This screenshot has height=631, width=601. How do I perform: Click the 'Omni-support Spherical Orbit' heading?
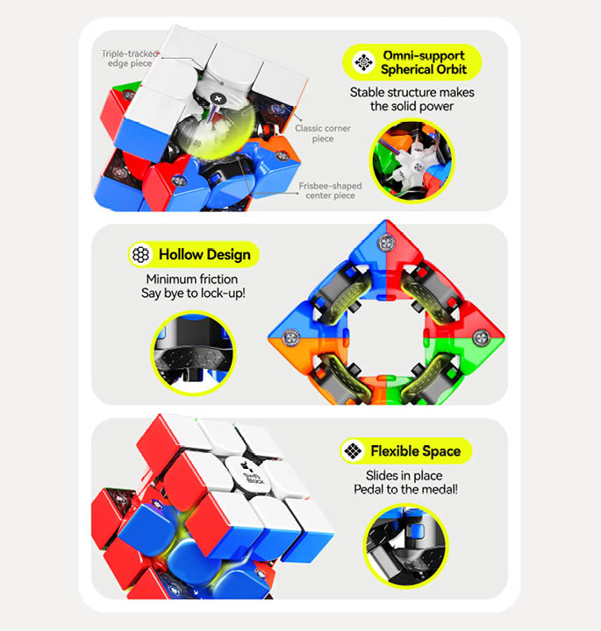pyautogui.click(x=424, y=62)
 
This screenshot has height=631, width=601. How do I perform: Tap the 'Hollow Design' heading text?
pyautogui.click(x=204, y=255)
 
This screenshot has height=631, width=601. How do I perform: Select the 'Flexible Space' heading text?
pyautogui.click(x=415, y=451)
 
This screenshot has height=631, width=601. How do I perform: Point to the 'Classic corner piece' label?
pyautogui.click(x=322, y=133)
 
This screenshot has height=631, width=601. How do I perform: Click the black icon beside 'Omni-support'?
pyautogui.click(x=363, y=62)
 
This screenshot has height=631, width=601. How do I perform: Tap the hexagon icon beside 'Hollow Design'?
pyautogui.click(x=140, y=255)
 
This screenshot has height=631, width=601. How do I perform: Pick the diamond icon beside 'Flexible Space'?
pyautogui.click(x=353, y=451)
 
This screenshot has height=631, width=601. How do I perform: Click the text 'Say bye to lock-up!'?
pyautogui.click(x=194, y=293)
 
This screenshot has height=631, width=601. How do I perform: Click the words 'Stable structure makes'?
pyautogui.click(x=411, y=92)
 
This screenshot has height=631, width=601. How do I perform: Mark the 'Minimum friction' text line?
pyautogui.click(x=193, y=279)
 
